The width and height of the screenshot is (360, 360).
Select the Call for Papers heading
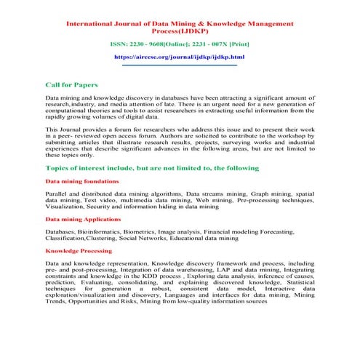click(71, 85)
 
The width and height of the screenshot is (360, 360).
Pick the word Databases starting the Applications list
click(62, 231)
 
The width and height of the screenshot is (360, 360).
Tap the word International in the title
click(92, 24)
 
